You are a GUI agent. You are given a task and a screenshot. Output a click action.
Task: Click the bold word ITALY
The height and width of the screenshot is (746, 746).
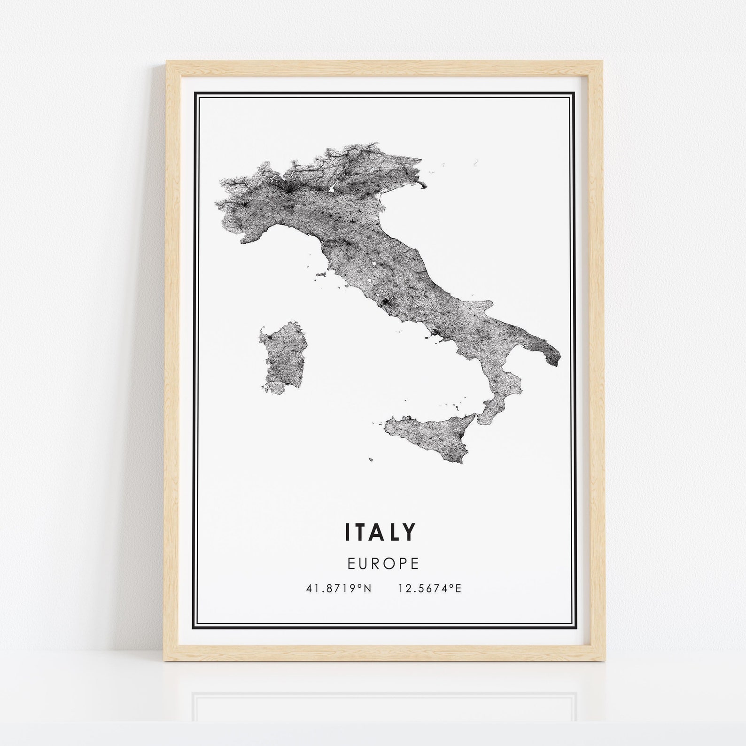381,531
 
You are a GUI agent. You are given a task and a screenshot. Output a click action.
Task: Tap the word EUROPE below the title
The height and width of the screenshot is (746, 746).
383,563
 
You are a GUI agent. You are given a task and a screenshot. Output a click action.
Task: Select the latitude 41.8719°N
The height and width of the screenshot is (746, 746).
338,588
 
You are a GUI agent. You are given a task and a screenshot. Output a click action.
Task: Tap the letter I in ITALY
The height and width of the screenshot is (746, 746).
348,531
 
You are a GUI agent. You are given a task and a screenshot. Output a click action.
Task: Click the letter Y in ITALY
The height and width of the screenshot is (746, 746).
410,531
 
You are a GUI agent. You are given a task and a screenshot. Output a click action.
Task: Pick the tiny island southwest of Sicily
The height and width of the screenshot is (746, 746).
371,460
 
